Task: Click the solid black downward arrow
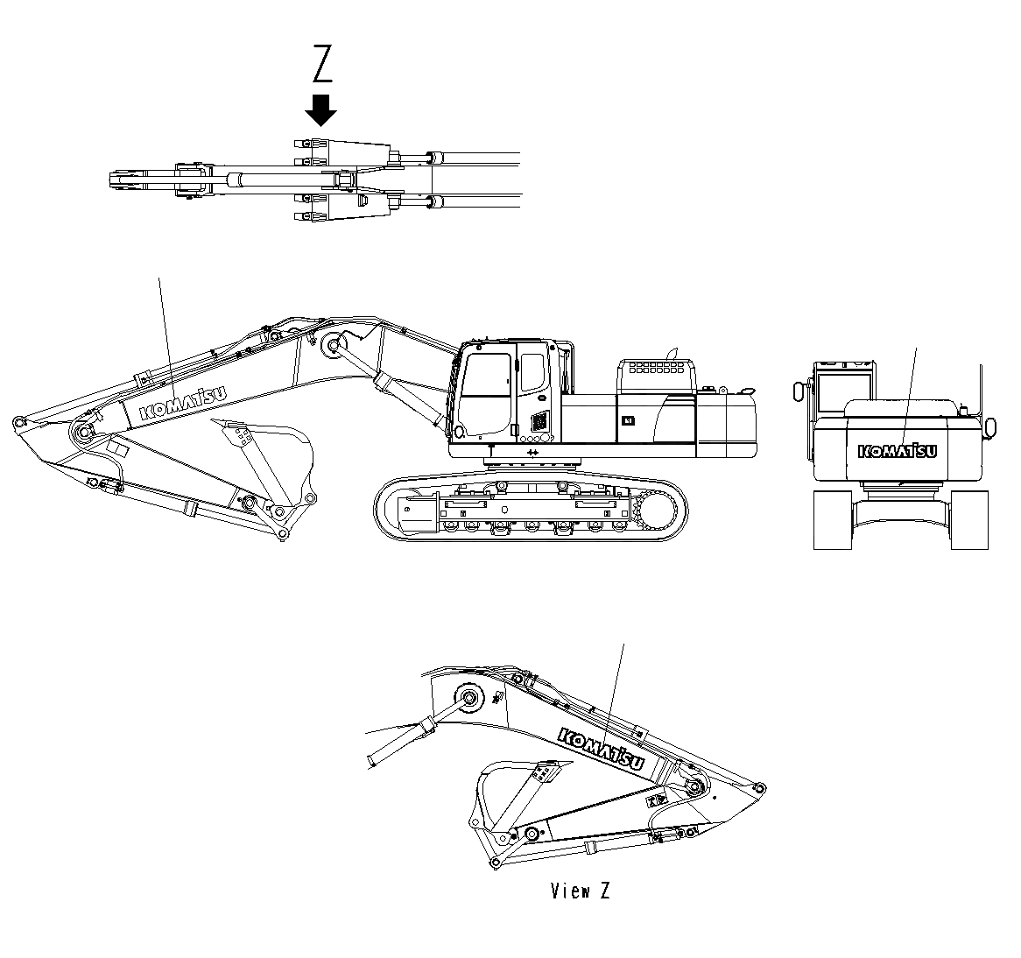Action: tap(321, 110)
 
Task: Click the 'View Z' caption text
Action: tap(580, 891)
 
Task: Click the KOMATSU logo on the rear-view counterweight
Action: tap(898, 451)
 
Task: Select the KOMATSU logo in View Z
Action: tap(601, 750)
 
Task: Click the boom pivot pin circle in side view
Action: tap(333, 346)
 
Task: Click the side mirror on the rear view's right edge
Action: tap(991, 426)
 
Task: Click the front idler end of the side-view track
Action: tap(398, 509)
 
